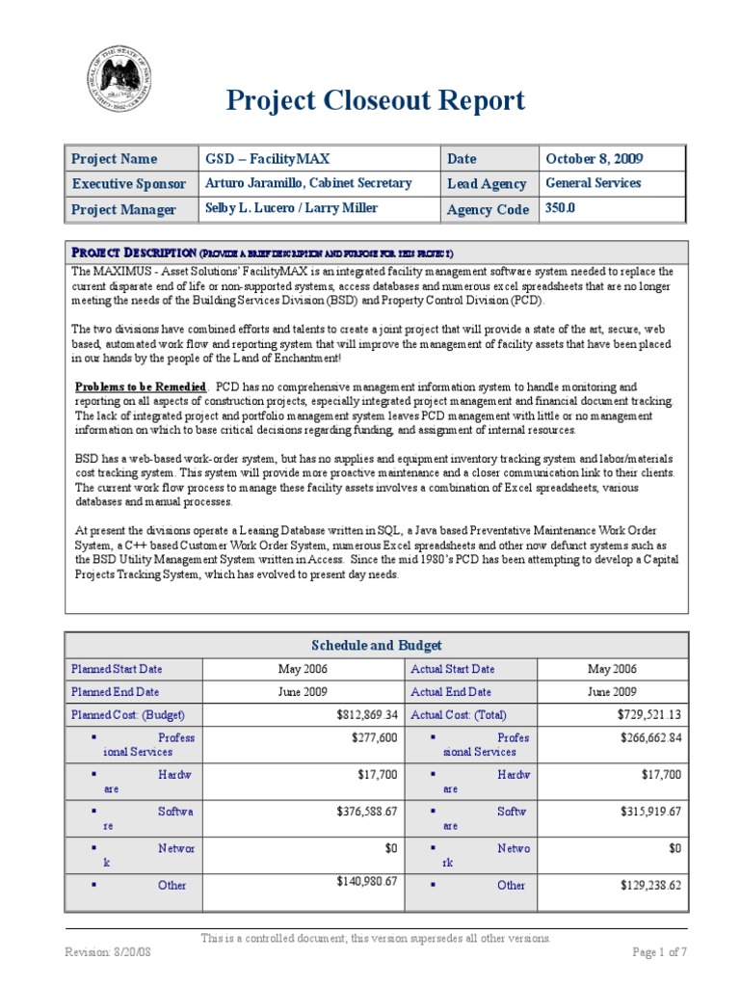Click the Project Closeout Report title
pos(376,100)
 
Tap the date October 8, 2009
pos(595,159)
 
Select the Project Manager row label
pos(123,209)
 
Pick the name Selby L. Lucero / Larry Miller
pos(289,208)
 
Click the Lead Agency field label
pos(487,184)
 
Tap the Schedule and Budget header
pos(376,645)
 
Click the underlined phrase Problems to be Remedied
pos(141,386)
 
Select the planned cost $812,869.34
pos(359,715)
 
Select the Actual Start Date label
pos(453,669)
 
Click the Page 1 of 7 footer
pos(659,952)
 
